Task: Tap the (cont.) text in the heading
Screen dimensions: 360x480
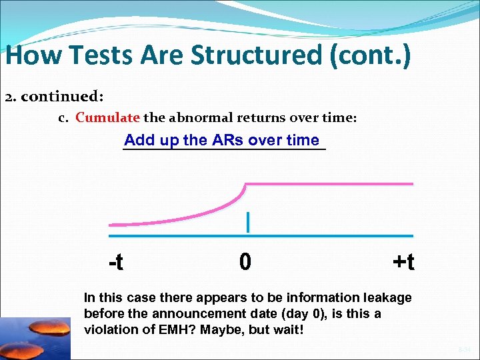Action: [x=369, y=55]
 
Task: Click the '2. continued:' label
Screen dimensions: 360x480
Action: [x=54, y=97]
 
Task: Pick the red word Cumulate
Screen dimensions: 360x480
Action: [x=107, y=118]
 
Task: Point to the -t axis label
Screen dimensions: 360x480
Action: [x=115, y=262]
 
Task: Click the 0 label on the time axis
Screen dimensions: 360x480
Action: [x=245, y=262]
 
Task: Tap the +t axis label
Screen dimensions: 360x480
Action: [x=403, y=262]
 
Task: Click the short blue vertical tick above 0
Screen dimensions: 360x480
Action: [x=248, y=222]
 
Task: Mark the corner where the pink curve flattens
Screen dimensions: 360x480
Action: [x=247, y=184]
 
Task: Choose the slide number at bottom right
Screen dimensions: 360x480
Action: [x=464, y=348]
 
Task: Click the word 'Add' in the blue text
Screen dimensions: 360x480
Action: [x=139, y=140]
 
